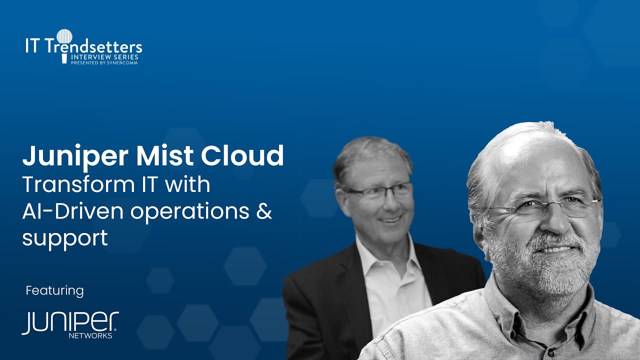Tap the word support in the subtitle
65,238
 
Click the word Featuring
54,290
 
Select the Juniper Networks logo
70,324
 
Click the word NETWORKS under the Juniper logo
90,336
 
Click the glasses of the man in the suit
380,191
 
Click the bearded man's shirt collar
505,305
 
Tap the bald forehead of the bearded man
525,160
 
